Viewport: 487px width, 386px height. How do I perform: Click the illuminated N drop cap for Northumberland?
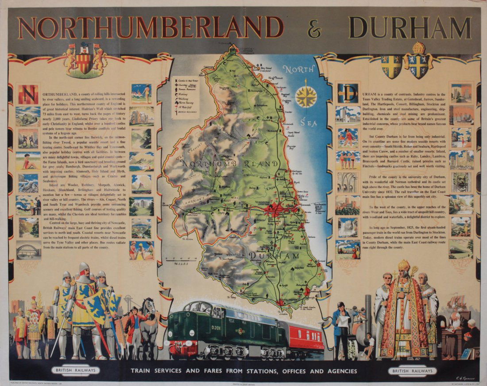(x=27, y=94)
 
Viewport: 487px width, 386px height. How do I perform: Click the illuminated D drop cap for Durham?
(x=348, y=93)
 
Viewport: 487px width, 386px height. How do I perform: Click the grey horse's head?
(x=149, y=306)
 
